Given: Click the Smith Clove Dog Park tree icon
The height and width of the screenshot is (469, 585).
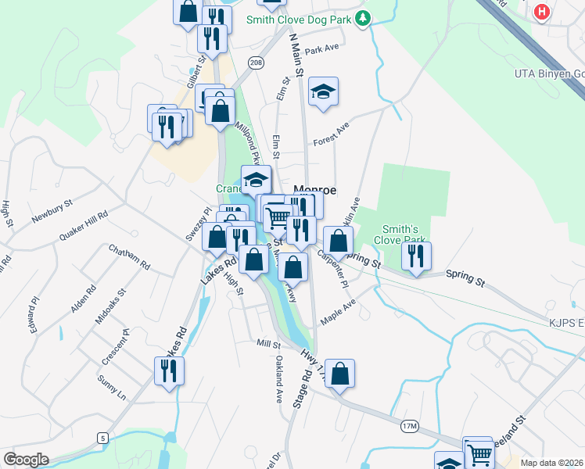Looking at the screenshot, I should (362, 19).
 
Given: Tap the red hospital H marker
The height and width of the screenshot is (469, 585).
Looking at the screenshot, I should (541, 12).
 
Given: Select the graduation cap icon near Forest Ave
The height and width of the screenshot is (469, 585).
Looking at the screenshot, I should (323, 92).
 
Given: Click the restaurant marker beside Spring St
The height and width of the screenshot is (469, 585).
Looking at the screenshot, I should (415, 256).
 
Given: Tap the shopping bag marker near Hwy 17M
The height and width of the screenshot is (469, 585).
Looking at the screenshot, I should (339, 374).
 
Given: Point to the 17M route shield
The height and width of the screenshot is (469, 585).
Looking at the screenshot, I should (410, 426).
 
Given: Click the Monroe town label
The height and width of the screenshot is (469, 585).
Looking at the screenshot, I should (314, 190).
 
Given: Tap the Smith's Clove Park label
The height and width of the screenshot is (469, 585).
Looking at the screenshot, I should (404, 234).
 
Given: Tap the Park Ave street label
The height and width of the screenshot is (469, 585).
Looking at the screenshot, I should (322, 50).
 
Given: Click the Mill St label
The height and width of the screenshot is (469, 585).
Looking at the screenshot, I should (268, 344).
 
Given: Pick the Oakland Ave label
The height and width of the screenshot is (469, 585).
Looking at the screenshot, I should (278, 379).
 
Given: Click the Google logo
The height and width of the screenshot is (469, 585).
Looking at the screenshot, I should (26, 460).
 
